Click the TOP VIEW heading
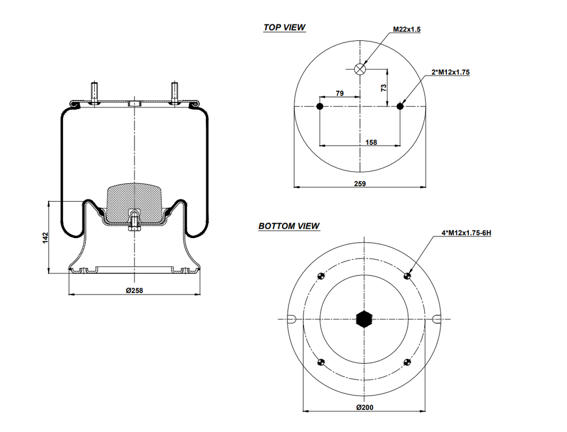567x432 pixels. pyautogui.click(x=284, y=28)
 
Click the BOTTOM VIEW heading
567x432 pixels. pyautogui.click(x=288, y=226)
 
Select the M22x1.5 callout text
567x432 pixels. pyautogui.click(x=407, y=29)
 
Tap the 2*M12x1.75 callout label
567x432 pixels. pyautogui.click(x=451, y=72)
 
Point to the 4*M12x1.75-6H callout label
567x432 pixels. pyautogui.click(x=466, y=233)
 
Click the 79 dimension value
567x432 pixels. pyautogui.click(x=339, y=94)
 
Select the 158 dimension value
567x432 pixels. pyautogui.click(x=371, y=142)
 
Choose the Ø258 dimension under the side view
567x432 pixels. pyautogui.click(x=134, y=291)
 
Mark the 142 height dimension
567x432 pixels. pyautogui.click(x=46, y=237)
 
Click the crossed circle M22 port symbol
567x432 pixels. pyautogui.click(x=360, y=69)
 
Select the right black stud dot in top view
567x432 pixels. pyautogui.click(x=400, y=106)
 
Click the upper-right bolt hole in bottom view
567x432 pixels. pyautogui.click(x=408, y=276)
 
